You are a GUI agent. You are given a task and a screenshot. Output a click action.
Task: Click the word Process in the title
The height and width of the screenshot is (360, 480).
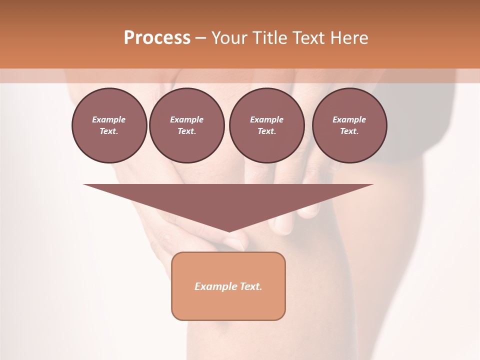[x=157, y=38]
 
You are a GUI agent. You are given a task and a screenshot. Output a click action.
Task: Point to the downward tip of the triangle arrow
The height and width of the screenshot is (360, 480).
[x=229, y=231]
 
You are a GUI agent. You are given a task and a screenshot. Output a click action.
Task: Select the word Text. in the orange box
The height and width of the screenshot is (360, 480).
[x=251, y=286]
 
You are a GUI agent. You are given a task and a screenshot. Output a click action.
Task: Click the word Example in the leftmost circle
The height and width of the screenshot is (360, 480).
[x=109, y=119]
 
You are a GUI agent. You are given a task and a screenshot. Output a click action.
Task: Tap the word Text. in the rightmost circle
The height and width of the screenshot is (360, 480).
[x=349, y=131]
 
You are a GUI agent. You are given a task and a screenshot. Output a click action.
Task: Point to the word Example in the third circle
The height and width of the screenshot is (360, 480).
[x=266, y=119]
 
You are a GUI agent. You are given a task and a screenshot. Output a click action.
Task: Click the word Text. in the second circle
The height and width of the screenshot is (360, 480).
[x=186, y=131]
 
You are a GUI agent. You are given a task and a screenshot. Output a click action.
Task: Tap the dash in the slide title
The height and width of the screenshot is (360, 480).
[x=201, y=38]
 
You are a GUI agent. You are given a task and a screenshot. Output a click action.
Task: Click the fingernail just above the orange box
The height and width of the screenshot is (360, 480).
[x=233, y=244]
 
